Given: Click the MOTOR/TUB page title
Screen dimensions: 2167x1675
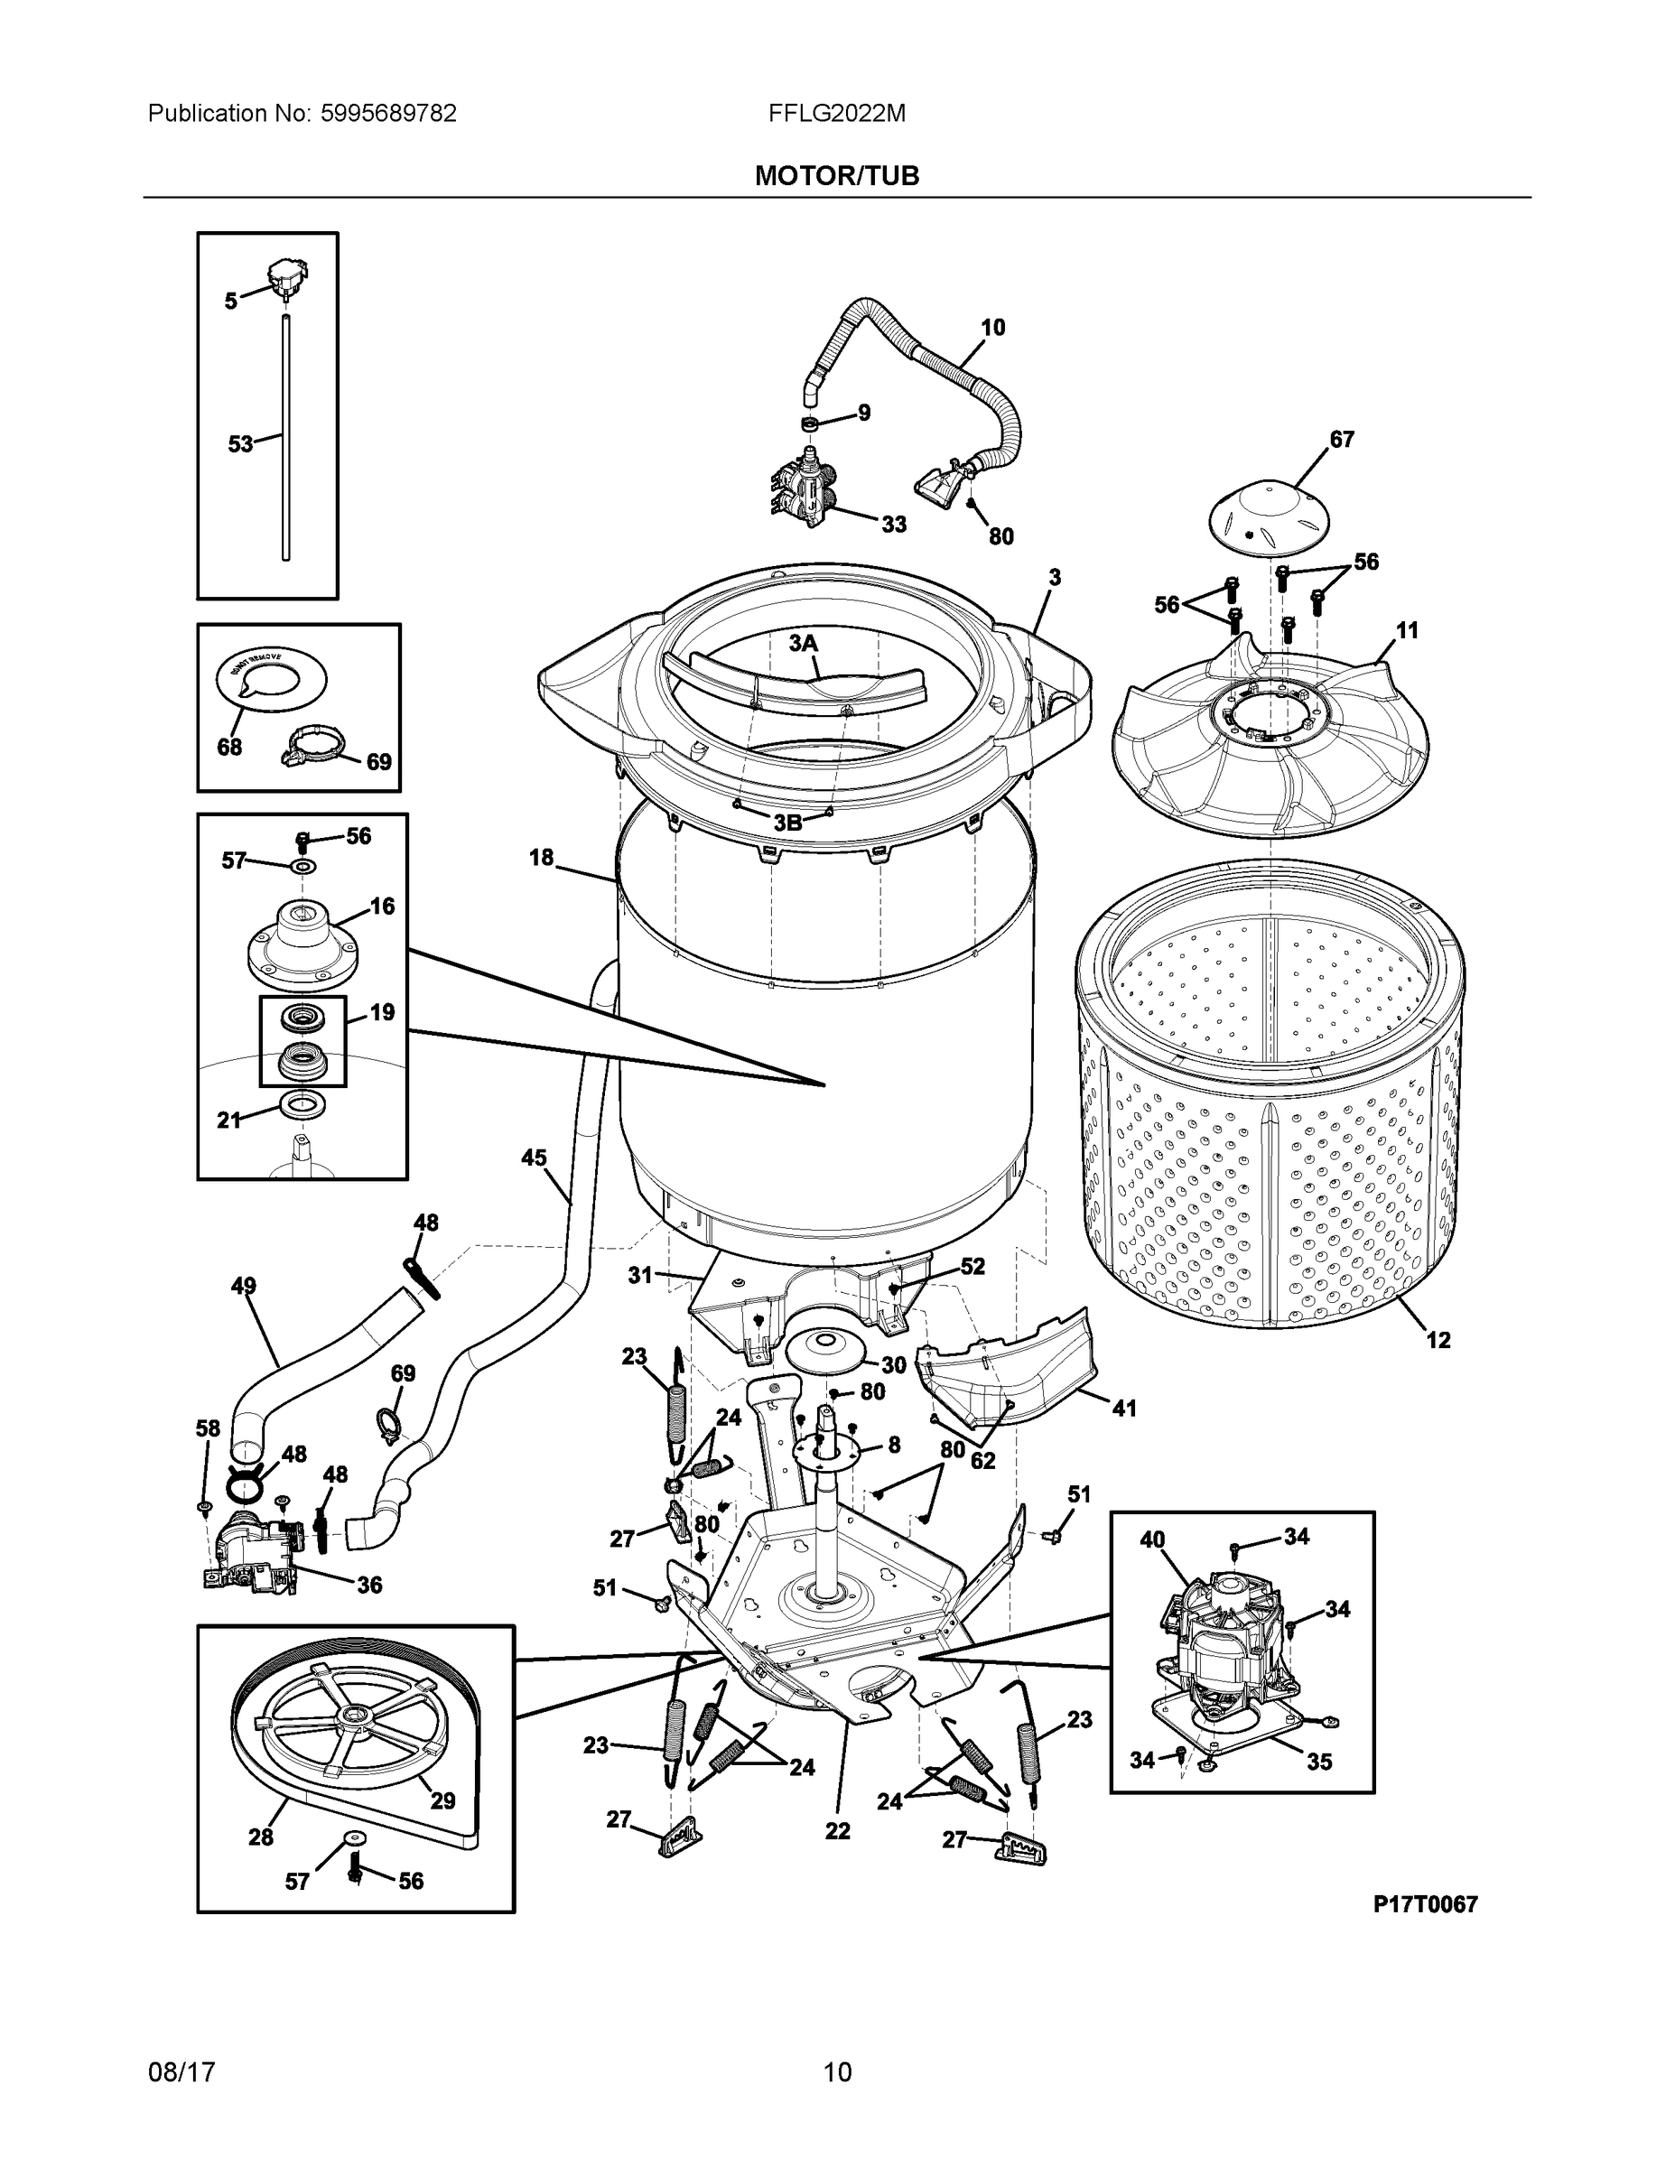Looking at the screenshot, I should (836, 176).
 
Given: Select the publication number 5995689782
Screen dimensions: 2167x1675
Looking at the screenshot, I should (388, 114).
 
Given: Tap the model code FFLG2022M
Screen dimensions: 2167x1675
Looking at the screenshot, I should (836, 114).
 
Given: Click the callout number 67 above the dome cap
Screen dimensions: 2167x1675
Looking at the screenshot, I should (1342, 439).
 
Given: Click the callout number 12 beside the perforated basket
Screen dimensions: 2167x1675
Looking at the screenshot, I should (1438, 1340).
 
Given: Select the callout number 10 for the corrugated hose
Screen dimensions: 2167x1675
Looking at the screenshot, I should (992, 328).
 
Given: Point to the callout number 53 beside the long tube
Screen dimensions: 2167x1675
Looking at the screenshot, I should (240, 444).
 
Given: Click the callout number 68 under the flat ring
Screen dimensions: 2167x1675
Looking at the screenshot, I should (229, 747).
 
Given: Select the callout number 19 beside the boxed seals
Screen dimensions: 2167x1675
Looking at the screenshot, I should (382, 1012).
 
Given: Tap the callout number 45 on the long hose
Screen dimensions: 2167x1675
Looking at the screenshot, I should (534, 1157).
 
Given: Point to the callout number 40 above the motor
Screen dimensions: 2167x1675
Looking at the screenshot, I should (1152, 1539).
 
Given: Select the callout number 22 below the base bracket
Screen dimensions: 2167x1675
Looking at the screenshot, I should (838, 1830).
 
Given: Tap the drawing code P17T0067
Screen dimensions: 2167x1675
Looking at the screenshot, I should (1425, 1904).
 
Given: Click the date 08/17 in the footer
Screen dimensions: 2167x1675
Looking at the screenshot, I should (181, 2073).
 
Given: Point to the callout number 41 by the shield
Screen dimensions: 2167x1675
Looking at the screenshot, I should (1123, 1408).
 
